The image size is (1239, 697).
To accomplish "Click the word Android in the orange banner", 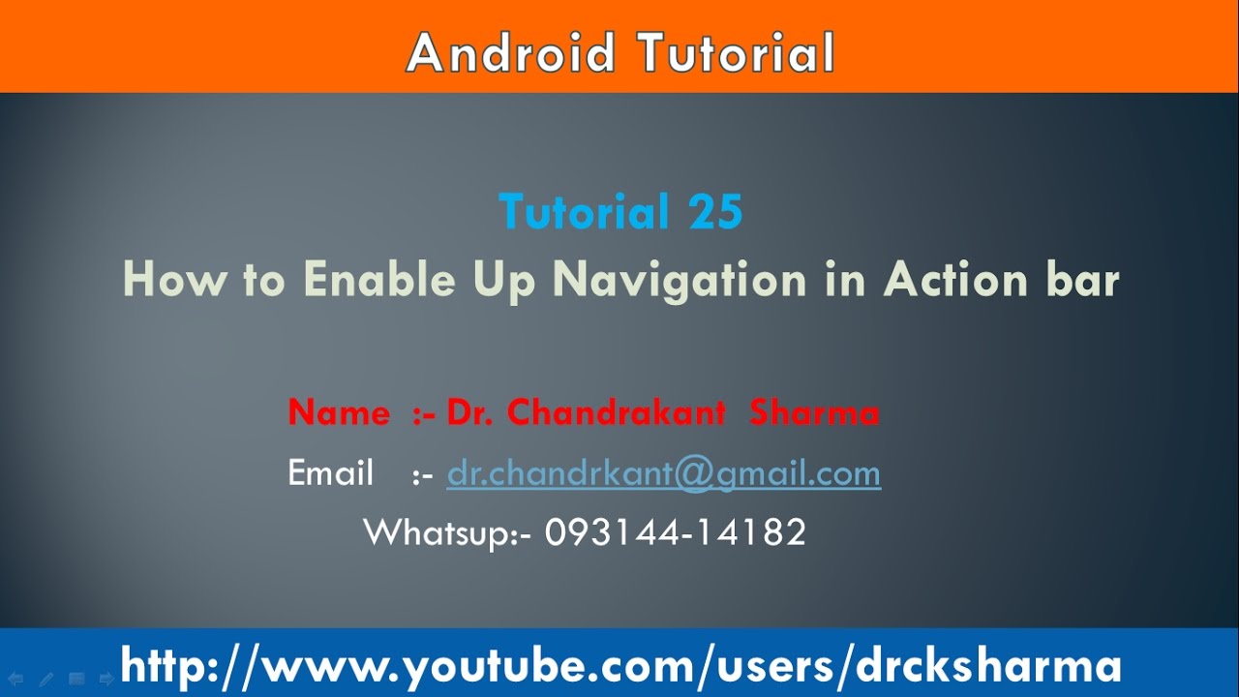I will pos(511,53).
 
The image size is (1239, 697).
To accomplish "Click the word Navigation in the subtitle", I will pos(679,281).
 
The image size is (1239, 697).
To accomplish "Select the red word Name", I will pos(339,413).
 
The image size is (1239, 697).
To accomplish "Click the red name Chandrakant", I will pos(616,413).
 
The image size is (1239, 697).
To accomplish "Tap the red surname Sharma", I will pos(814,413).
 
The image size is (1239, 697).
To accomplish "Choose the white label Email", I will pos(331,473).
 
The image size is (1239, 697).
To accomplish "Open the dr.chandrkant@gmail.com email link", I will pos(663,473).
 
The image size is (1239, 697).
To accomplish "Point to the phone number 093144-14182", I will pos(676,532).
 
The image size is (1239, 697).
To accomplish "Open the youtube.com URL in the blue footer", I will pos(620,666).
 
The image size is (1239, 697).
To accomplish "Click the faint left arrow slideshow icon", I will pos(16,679).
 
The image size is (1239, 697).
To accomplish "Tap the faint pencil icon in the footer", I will pos(46,679).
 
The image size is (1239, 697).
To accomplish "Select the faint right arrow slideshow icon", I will pos(106,679).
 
